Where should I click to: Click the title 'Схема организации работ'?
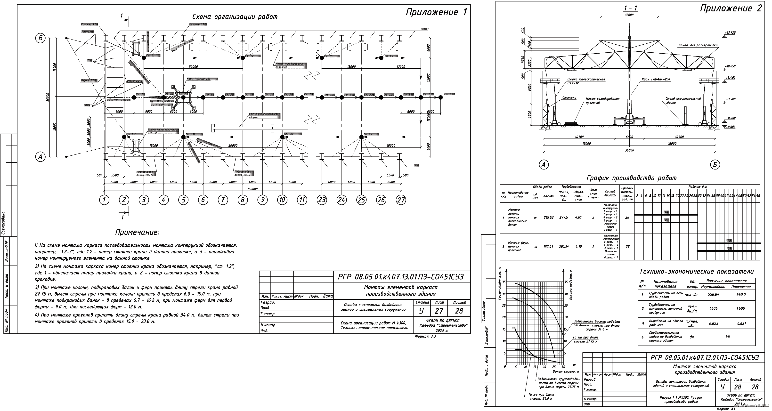tap(235, 17)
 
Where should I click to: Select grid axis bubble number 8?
tap(243, 200)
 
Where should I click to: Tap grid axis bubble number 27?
tap(401, 200)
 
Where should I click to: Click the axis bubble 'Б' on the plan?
tap(41, 38)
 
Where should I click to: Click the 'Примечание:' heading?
tap(137, 232)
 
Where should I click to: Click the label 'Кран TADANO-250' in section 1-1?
tap(656, 79)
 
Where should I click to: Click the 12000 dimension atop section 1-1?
tap(629, 15)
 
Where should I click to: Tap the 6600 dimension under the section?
tap(629, 137)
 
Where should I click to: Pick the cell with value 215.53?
tap(548, 218)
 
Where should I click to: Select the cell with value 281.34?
tap(564, 247)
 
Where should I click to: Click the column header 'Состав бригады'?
tap(610, 193)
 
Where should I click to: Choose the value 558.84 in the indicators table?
tap(713, 294)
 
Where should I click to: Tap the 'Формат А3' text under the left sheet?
tap(425, 336)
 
